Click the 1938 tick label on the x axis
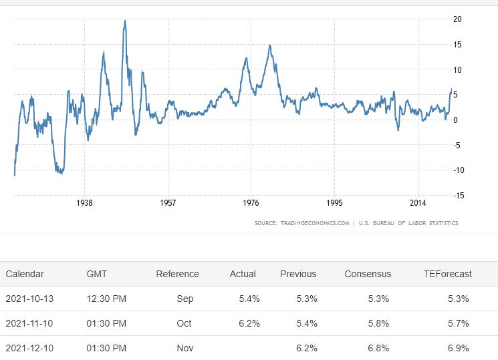tap(84, 202)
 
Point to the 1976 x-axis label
tap(251, 202)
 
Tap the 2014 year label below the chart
tap(418, 202)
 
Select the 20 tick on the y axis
tap(457, 19)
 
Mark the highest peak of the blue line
tap(125, 21)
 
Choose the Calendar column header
tap(25, 274)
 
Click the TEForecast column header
tap(447, 274)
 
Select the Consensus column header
tap(368, 274)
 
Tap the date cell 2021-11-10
tap(29, 323)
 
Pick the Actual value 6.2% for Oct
tap(249, 323)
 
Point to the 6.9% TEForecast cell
tap(458, 348)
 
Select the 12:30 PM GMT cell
tap(106, 299)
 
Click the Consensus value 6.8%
tap(378, 348)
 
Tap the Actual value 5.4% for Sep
tap(249, 299)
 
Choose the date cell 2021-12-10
tap(29, 348)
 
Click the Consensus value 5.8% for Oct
tap(378, 323)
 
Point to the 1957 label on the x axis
tap(168, 202)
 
